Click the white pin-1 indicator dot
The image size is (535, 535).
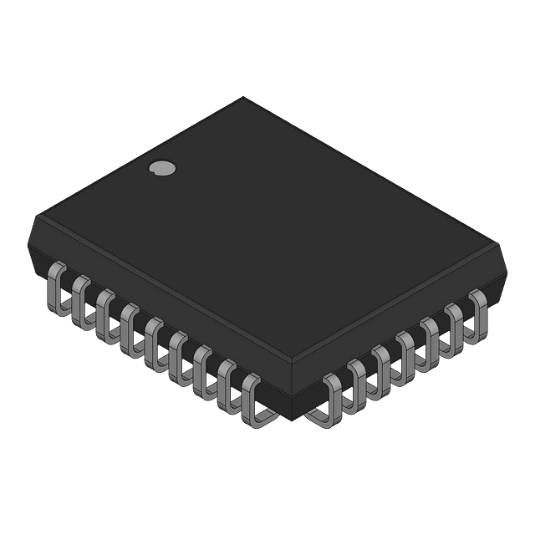click(161, 169)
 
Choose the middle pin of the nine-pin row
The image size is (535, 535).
click(154, 341)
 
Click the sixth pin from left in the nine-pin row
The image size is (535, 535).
click(179, 356)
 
